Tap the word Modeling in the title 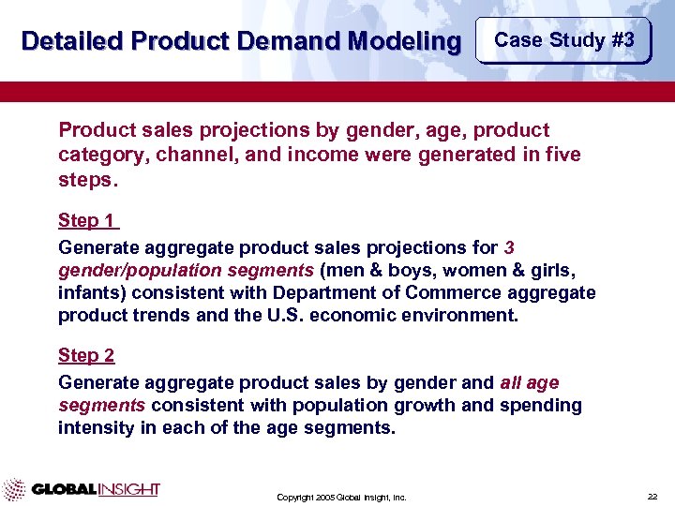403,42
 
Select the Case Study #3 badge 563,40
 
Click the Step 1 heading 87,221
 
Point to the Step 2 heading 87,356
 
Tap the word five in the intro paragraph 562,154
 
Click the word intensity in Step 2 92,428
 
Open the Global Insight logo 82,489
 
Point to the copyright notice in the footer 341,497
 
